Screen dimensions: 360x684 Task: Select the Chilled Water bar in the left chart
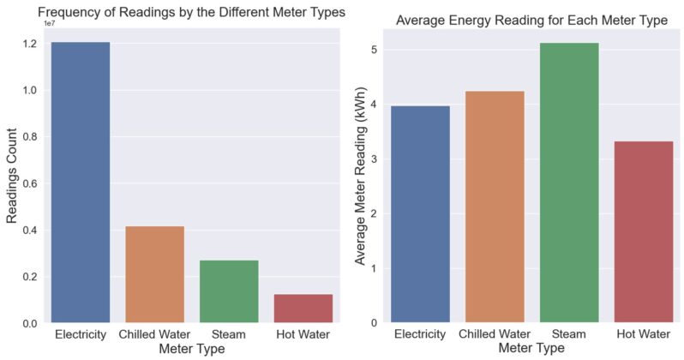[x=154, y=274]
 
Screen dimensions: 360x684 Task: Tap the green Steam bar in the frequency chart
[x=229, y=291]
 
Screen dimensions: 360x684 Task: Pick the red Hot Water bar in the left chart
[x=303, y=309]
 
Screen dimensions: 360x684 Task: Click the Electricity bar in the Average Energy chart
[x=420, y=214]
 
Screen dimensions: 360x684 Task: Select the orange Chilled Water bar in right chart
[x=495, y=207]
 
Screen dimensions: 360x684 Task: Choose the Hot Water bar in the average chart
[x=643, y=231]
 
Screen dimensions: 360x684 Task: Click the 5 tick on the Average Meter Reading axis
[x=374, y=49]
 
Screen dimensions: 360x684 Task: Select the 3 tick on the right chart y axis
[x=374, y=159]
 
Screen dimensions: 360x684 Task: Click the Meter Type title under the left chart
[x=191, y=349]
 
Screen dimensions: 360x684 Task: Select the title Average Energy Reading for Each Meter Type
[x=531, y=20]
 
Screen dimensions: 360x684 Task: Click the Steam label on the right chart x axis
[x=568, y=333]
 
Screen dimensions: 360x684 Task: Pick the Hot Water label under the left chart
[x=303, y=333]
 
